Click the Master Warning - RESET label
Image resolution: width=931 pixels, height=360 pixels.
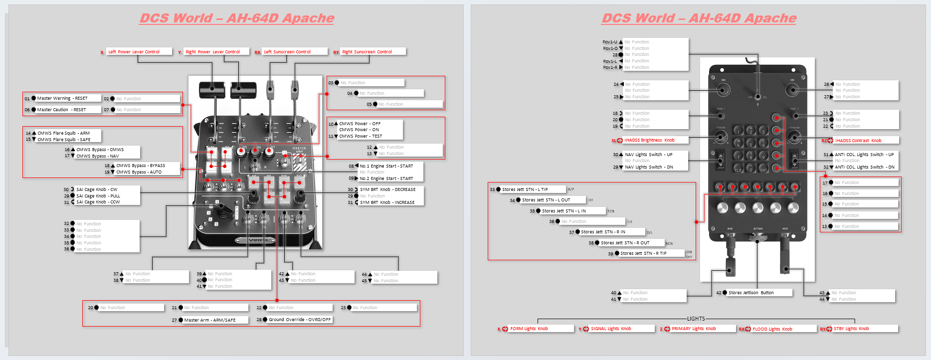62,98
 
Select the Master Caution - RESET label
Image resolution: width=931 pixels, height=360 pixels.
61,110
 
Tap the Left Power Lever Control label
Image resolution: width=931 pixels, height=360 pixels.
134,52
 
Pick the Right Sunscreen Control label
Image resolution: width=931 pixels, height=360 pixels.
367,52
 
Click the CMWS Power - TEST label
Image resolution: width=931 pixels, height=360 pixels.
361,136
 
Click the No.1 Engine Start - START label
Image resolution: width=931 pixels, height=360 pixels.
386,166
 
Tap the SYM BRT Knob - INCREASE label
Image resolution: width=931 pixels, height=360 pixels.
387,202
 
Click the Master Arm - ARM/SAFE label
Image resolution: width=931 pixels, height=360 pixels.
209,320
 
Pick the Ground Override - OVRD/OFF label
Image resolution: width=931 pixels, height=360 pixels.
300,320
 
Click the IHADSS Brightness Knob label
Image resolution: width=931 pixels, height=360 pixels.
649,140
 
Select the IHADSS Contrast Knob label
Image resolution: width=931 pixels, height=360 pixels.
858,141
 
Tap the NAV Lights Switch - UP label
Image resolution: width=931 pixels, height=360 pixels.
648,155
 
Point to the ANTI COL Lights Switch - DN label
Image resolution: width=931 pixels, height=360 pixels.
864,167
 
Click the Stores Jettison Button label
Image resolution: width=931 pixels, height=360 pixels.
751,293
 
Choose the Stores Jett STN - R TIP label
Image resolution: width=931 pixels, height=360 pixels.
643,253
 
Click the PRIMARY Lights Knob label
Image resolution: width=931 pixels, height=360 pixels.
694,329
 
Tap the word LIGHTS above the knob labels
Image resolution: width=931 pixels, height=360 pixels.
696,319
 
